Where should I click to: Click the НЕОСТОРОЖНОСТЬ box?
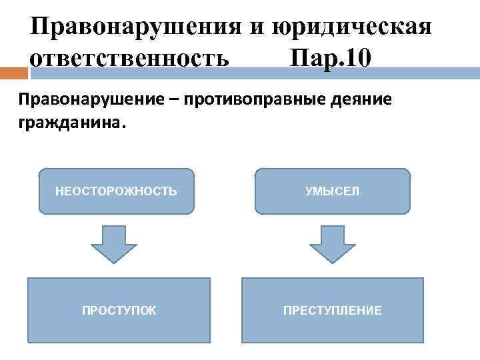coord(116,191)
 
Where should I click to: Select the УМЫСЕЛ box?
coord(332,191)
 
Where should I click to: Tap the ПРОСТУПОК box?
coord(119,310)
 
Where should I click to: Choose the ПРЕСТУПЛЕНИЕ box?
coord(332,310)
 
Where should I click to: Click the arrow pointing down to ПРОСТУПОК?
coord(114,243)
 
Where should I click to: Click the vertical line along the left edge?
coord(26,200)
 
